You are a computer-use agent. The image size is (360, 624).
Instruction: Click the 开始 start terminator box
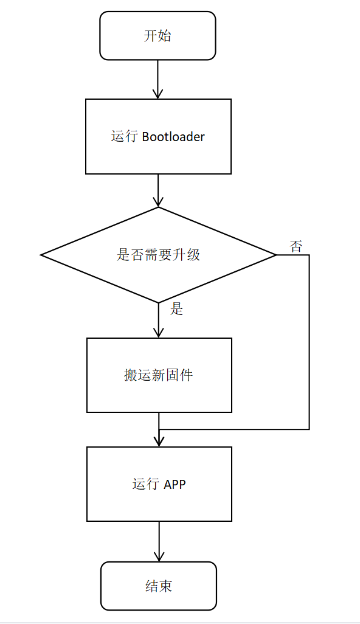pos(157,36)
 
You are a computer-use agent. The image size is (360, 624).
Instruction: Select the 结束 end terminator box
pos(159,586)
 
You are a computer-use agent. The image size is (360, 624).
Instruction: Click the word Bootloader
pos(173,137)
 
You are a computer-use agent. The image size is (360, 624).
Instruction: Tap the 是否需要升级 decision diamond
pos(158,255)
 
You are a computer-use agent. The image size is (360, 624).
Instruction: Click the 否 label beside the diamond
pos(296,246)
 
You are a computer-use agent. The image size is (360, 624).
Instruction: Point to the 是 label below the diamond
pos(176,309)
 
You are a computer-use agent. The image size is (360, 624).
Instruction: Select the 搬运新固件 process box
pos(159,375)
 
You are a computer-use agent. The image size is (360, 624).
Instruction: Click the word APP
pos(175,484)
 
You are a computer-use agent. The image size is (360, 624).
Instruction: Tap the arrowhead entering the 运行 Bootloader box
pos(158,94)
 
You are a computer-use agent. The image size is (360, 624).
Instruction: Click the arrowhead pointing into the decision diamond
pos(158,202)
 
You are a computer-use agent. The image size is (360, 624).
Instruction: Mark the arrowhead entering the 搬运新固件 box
pos(159,333)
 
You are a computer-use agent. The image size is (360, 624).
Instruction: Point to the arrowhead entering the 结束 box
pos(159,556)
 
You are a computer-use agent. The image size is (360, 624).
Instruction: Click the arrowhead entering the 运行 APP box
pos(159,442)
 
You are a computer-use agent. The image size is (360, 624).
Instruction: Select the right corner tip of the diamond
pos(275,255)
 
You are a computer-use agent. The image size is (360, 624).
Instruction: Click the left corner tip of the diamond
pos(41,255)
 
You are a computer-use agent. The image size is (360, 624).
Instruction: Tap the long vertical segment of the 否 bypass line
pos(309,341)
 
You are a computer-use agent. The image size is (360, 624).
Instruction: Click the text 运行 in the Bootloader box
pos(125,137)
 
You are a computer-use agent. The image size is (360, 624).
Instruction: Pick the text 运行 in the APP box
pos(146,484)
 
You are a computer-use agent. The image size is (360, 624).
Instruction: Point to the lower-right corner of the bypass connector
pos(309,429)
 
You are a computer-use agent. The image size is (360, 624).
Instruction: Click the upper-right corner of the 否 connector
pos(309,255)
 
